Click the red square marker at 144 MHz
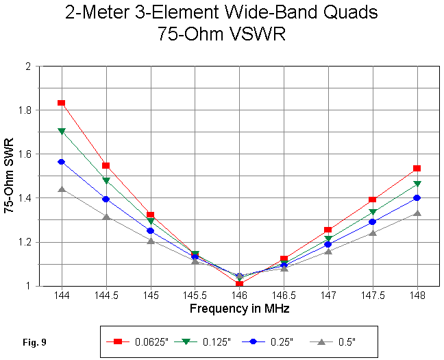(x=62, y=103)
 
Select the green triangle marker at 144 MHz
(x=62, y=131)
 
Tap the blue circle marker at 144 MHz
(x=62, y=162)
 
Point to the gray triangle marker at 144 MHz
(x=62, y=189)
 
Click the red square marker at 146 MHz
(x=239, y=283)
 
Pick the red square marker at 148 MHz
(x=417, y=169)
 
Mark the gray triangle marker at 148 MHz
(x=417, y=213)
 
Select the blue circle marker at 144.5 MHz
(x=106, y=199)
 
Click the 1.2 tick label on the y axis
(x=27, y=242)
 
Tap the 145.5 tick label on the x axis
(x=195, y=296)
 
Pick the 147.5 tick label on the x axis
(x=372, y=296)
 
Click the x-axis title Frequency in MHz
(x=239, y=309)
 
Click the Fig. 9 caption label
(x=34, y=341)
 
